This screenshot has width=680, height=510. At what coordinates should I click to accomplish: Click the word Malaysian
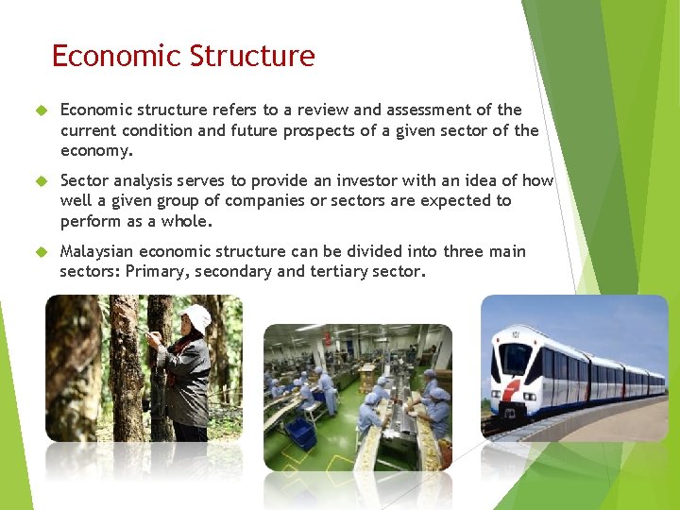tap(99, 251)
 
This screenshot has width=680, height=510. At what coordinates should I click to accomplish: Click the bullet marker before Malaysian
tap(42, 251)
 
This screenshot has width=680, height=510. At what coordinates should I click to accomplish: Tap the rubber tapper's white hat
tap(196, 317)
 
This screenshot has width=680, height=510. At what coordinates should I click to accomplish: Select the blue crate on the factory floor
tap(299, 432)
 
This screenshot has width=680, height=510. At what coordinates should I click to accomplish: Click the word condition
tap(155, 130)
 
